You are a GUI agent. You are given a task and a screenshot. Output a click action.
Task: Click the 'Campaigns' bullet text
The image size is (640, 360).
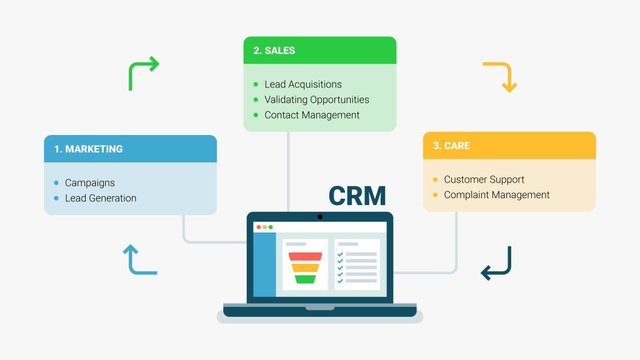90,183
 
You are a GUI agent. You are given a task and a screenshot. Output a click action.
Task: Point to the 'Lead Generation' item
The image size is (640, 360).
101,198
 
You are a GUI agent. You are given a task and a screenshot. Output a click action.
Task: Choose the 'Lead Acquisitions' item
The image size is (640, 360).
303,84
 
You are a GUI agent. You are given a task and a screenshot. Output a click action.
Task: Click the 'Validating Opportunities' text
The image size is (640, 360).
316,99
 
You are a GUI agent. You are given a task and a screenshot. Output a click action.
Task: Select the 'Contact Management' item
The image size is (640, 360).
312,115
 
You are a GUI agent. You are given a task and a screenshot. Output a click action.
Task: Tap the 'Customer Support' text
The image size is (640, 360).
484,179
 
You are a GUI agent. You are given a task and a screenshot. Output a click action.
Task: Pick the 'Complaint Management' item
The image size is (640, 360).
496,195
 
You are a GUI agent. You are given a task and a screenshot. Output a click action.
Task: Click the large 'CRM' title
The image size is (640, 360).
357,196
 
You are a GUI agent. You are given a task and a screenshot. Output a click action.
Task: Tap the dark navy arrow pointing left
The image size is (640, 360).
496,264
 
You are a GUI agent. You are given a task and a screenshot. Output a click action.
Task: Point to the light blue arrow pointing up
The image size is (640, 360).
139,259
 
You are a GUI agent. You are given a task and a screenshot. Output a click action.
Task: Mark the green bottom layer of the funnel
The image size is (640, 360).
305,279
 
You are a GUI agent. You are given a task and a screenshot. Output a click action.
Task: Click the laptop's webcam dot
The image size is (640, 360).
320,217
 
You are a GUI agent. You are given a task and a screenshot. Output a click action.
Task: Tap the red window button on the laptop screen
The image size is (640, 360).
259,227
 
